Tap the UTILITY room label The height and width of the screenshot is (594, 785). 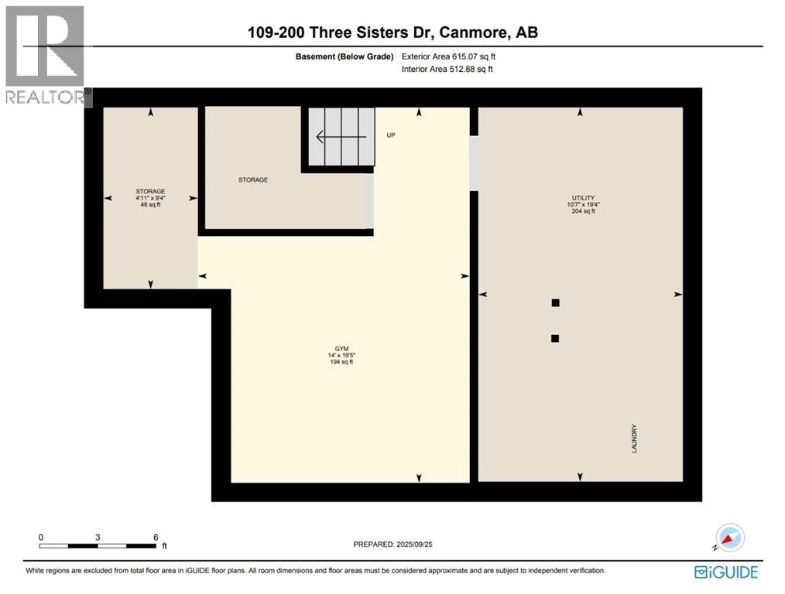pyautogui.click(x=582, y=198)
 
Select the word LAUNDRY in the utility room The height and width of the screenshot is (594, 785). pyautogui.click(x=634, y=439)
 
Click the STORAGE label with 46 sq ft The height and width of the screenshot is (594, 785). pyautogui.click(x=150, y=191)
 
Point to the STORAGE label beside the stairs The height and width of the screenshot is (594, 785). pyautogui.click(x=253, y=179)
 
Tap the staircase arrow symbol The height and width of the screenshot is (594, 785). pyautogui.click(x=341, y=138)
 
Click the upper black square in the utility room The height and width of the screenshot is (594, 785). pyautogui.click(x=555, y=303)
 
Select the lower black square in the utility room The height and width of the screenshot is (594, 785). pyautogui.click(x=555, y=338)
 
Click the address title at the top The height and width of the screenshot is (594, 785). pyautogui.click(x=392, y=32)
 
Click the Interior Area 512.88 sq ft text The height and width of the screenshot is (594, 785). pyautogui.click(x=447, y=70)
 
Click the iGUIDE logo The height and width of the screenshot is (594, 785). pyautogui.click(x=726, y=572)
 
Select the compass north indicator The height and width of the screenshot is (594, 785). pyautogui.click(x=729, y=538)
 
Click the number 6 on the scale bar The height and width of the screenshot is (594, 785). pyautogui.click(x=156, y=537)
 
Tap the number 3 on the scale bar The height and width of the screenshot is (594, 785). pyautogui.click(x=98, y=537)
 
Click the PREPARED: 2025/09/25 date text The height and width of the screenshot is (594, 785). pyautogui.click(x=395, y=544)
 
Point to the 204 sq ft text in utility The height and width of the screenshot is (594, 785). pyautogui.click(x=582, y=211)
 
